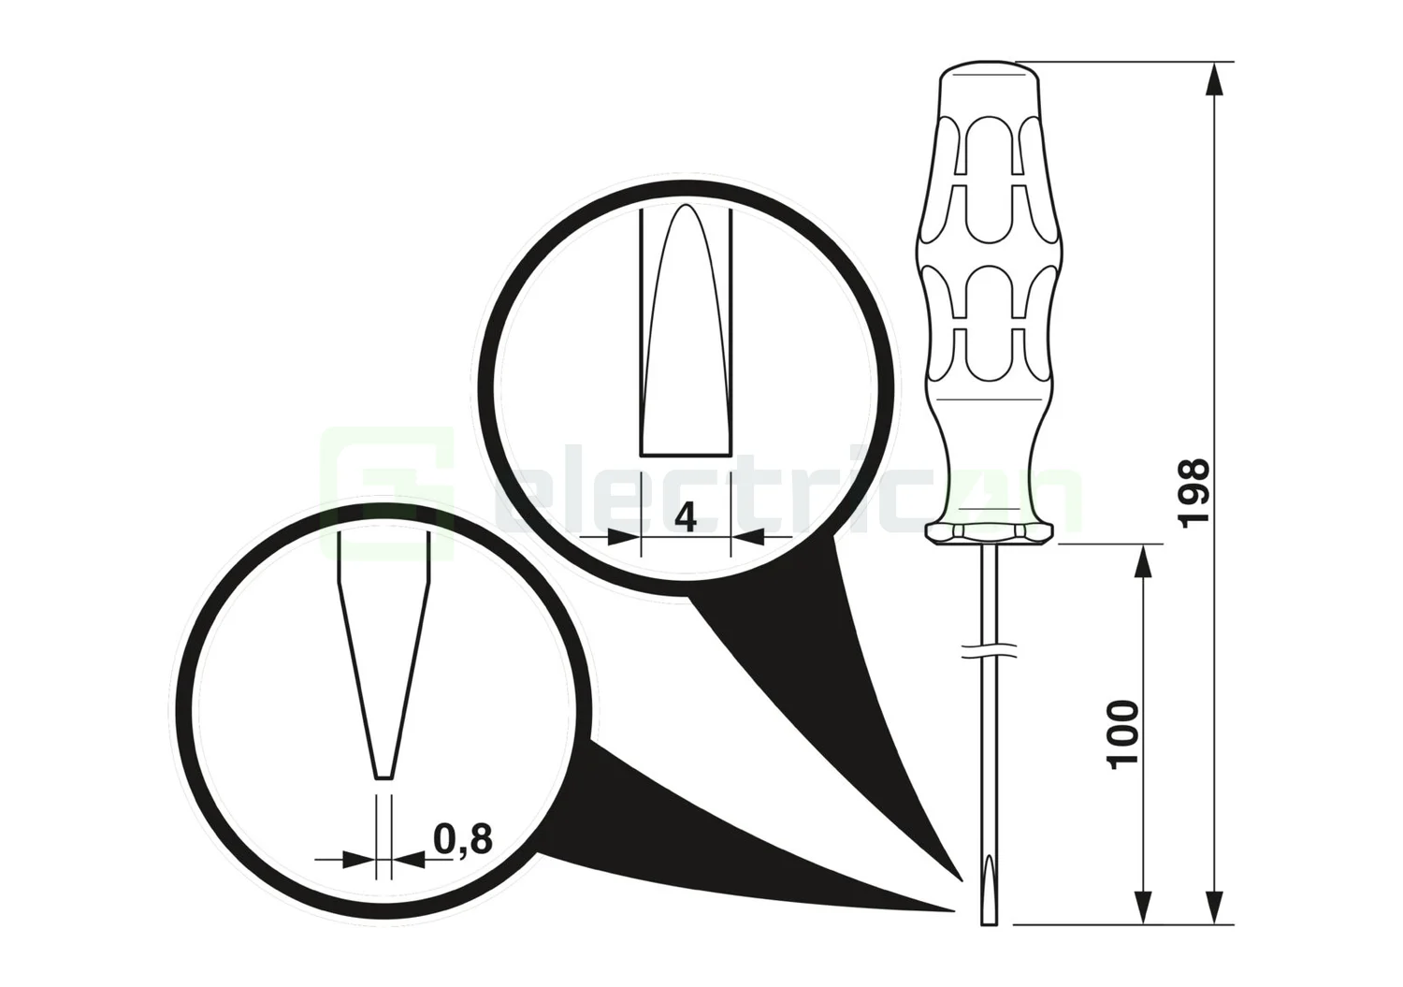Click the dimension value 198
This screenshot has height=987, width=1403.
[1194, 493]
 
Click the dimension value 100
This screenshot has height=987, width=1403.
[1123, 733]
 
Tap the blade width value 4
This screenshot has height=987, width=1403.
[686, 517]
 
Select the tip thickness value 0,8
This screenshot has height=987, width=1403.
[464, 839]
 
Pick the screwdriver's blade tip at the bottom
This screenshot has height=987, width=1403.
[989, 921]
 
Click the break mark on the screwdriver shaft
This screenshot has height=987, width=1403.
[989, 649]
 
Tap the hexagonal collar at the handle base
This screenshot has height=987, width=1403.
[989, 532]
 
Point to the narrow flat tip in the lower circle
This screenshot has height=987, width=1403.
[383, 776]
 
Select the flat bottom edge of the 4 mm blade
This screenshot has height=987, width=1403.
[686, 455]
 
